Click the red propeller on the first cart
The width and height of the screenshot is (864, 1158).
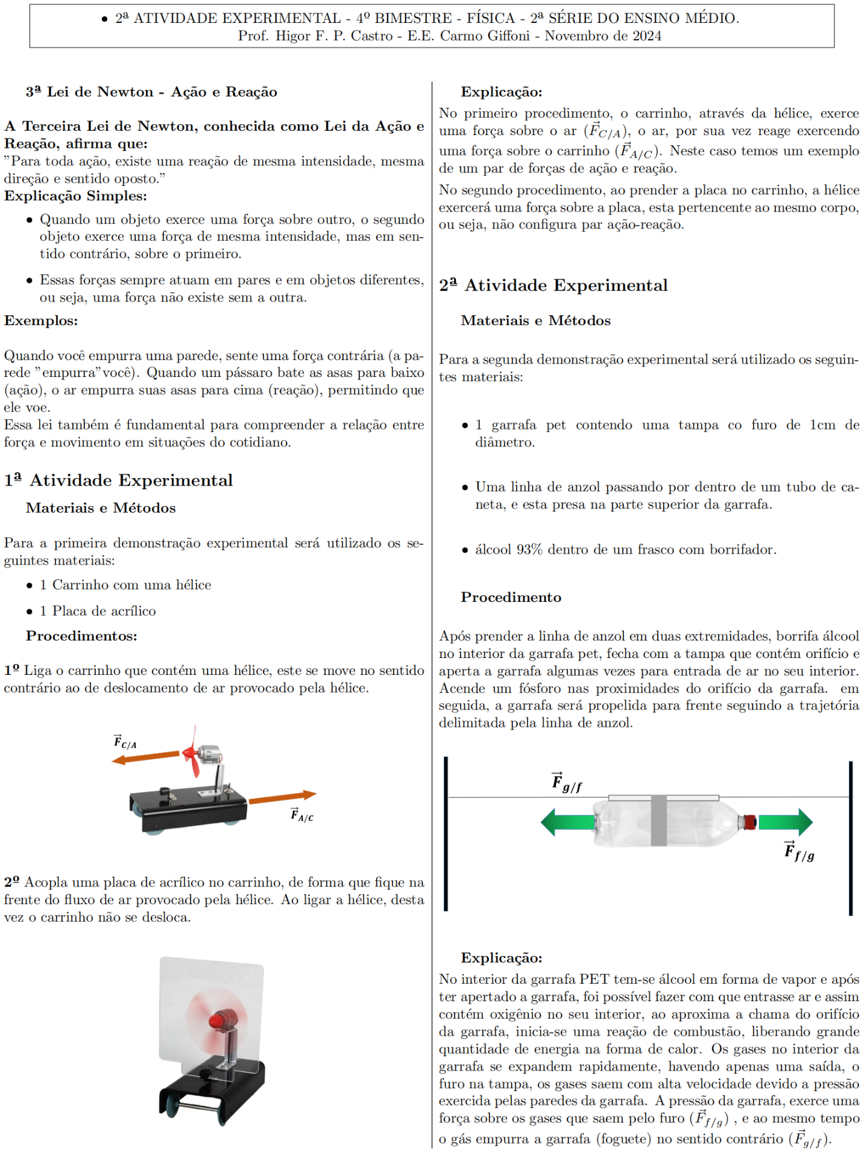pyautogui.click(x=192, y=753)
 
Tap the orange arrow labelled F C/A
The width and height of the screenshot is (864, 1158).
pyautogui.click(x=145, y=756)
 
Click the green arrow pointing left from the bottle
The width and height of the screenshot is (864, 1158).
pyautogui.click(x=567, y=821)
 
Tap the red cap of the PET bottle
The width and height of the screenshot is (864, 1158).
pyautogui.click(x=749, y=821)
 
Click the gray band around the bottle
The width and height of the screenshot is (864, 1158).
pyautogui.click(x=658, y=820)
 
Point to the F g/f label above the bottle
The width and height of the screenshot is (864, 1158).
pyautogui.click(x=566, y=782)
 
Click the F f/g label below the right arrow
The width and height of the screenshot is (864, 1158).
pyautogui.click(x=799, y=851)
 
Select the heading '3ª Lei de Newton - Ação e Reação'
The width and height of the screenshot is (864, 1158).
pyautogui.click(x=151, y=92)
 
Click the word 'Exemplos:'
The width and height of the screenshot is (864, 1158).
pyautogui.click(x=41, y=320)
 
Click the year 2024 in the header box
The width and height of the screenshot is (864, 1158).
pyautogui.click(x=647, y=36)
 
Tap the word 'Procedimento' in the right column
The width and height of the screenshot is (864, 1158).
pyautogui.click(x=511, y=597)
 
